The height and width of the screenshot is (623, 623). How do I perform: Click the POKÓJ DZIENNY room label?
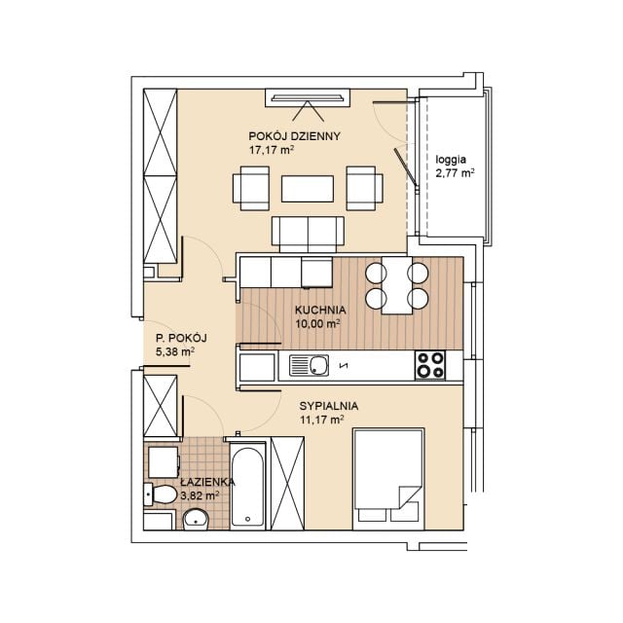click(x=294, y=136)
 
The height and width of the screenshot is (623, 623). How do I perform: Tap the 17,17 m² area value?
click(x=272, y=150)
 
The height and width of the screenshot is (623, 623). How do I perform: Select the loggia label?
click(x=451, y=160)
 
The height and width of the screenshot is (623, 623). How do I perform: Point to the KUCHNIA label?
click(x=320, y=310)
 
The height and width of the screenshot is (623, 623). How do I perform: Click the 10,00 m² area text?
click(x=318, y=324)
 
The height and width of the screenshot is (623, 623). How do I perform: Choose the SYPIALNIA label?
click(x=329, y=406)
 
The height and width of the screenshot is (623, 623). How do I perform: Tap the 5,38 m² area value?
click(x=175, y=351)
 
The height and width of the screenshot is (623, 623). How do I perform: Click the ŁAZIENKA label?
click(x=207, y=482)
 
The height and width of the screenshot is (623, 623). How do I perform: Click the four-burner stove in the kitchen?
click(x=430, y=365)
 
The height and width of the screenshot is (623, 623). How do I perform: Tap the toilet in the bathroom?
click(x=160, y=495)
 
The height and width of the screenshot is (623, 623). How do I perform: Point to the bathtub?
click(x=247, y=485)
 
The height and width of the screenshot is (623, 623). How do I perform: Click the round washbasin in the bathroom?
click(x=196, y=519)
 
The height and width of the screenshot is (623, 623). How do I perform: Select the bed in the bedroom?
click(x=388, y=479)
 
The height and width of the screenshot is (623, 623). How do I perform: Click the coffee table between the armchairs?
click(x=308, y=189)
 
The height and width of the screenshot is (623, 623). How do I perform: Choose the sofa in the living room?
click(x=308, y=234)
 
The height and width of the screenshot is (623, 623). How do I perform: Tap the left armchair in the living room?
click(x=251, y=188)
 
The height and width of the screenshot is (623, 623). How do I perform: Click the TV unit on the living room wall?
click(x=308, y=97)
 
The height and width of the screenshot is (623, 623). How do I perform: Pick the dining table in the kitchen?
click(x=397, y=285)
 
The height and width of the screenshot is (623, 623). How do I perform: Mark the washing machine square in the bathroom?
click(x=164, y=462)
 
